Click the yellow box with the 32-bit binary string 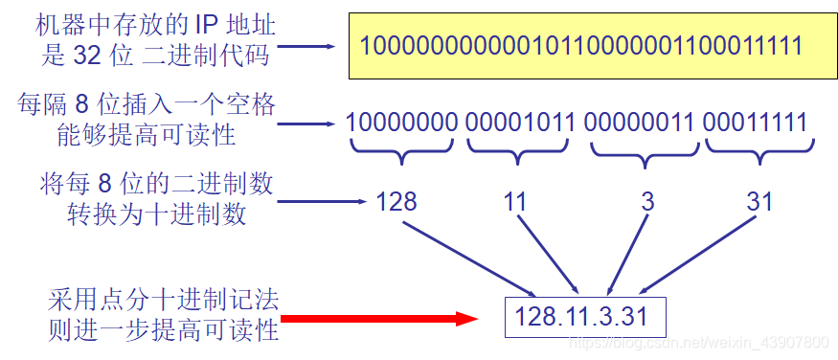(x=580, y=44)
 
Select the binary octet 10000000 (x=402, y=123)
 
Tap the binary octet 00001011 (x=521, y=123)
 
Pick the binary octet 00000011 (x=639, y=123)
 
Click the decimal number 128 (x=396, y=202)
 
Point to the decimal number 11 (x=516, y=202)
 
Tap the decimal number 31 (x=759, y=202)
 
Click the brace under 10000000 (x=402, y=149)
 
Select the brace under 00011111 (x=760, y=149)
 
